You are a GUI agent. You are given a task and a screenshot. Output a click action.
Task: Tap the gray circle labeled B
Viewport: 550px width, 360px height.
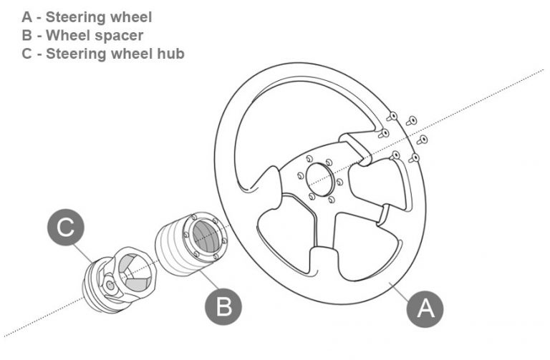coord(223,308)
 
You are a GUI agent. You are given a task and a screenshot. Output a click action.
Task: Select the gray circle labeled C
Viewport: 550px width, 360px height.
coord(66,228)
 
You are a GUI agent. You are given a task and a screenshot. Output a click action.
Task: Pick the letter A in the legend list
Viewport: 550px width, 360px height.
coord(27,16)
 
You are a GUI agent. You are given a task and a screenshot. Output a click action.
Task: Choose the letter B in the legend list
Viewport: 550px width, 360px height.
coord(27,35)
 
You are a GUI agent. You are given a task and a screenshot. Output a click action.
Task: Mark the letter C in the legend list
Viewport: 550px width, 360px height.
coord(27,54)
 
